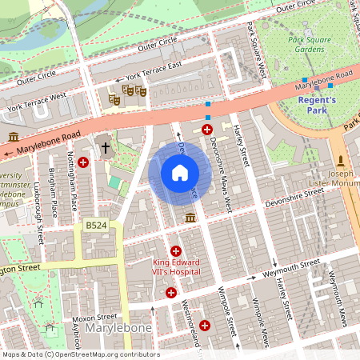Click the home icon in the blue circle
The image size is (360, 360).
tap(180, 172)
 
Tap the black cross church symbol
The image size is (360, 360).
tap(106, 148)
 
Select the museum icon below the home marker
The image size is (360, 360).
tap(190, 218)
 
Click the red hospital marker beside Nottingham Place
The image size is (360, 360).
tap(83, 162)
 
